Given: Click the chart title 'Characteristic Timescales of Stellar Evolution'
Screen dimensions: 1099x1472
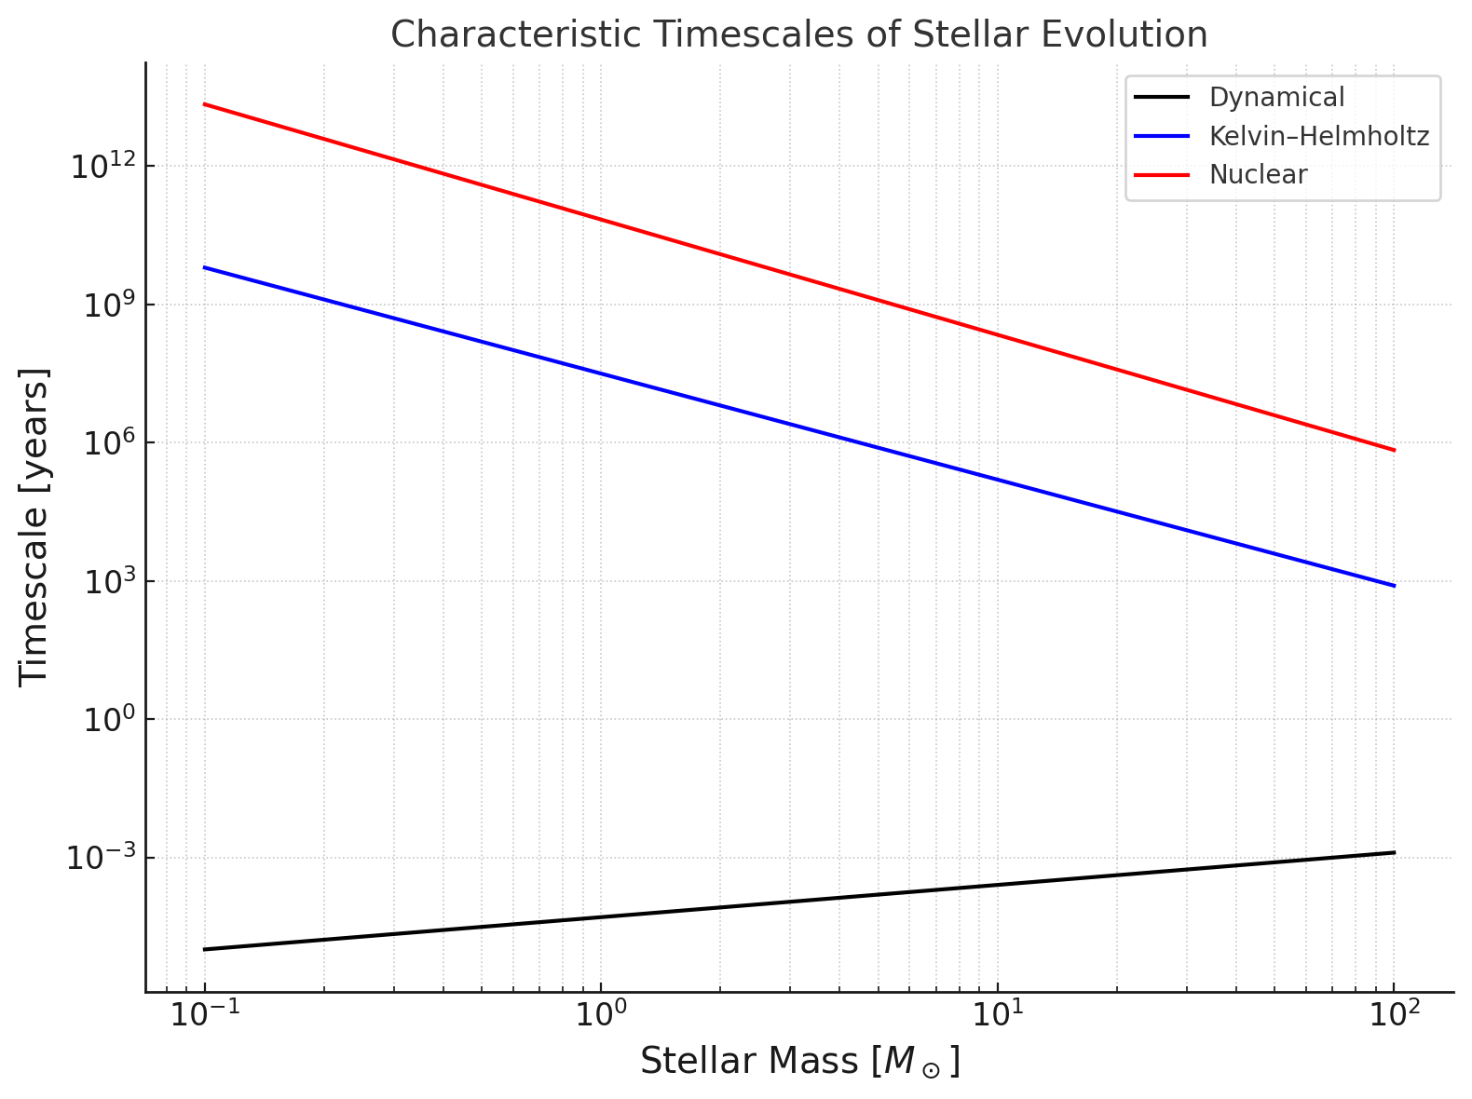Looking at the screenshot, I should point(798,34).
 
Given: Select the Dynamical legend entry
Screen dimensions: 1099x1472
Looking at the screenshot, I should point(1276,97).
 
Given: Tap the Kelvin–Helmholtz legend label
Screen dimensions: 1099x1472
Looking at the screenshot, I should point(1318,136).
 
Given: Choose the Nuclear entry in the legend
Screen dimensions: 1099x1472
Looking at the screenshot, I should point(1258,174).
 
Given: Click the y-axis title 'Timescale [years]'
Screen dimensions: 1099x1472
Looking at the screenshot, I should point(34,527).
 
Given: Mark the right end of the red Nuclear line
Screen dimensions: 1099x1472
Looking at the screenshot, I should point(1395,450).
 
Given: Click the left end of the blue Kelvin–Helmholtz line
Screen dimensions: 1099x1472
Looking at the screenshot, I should point(204,267).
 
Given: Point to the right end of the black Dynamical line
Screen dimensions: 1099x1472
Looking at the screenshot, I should point(1395,852).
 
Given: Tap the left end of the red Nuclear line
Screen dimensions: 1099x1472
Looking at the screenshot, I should point(204,103).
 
